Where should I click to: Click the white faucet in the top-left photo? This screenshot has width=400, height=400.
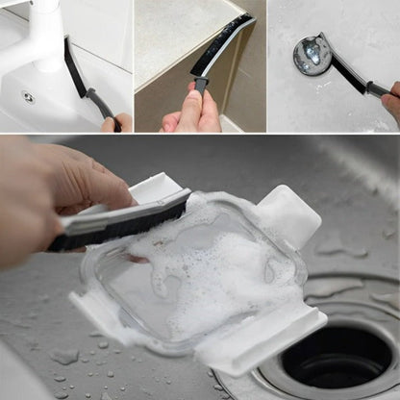(x=43, y=34)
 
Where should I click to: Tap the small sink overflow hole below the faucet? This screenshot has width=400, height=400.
(x=28, y=96)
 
